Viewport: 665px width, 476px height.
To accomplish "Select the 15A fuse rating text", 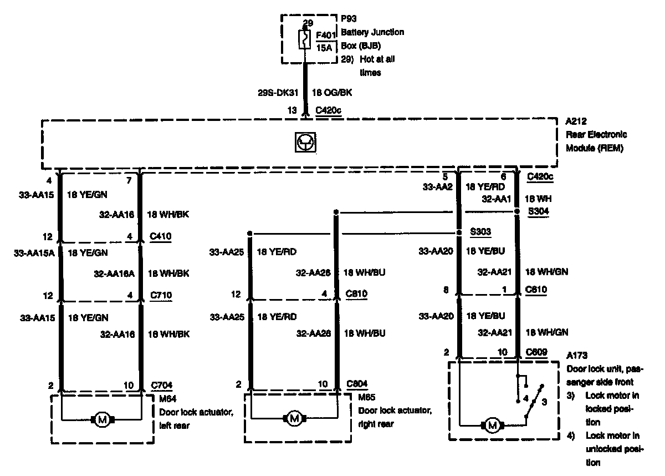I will click(324, 48).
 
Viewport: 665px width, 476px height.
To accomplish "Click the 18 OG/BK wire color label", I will click(332, 93).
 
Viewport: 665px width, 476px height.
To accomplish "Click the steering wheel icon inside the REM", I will click(305, 143).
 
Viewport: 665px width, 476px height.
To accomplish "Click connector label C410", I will click(161, 236).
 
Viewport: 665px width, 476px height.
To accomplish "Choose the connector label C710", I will click(161, 295).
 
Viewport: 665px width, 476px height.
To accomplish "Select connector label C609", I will click(536, 352).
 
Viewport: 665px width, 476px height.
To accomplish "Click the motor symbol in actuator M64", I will click(102, 420).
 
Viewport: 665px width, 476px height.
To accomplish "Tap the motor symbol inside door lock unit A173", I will click(492, 426).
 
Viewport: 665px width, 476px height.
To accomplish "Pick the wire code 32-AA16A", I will click(117, 272).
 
